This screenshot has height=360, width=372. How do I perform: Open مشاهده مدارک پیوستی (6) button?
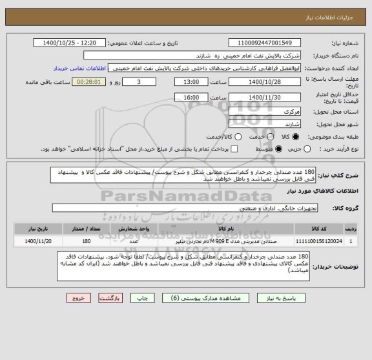pos(202,299)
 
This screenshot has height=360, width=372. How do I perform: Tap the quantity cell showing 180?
pos(86,240)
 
